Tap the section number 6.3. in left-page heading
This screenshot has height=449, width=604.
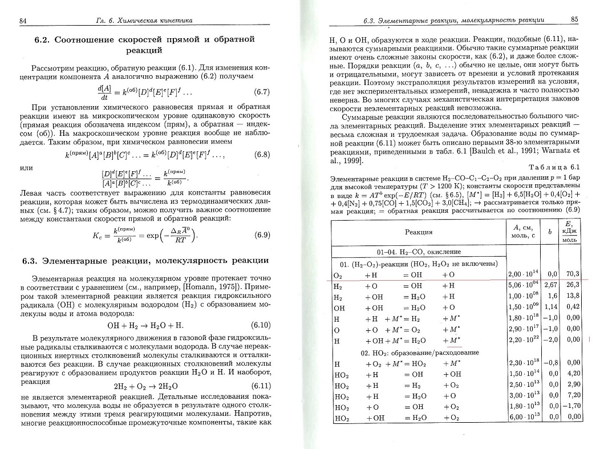click(34, 261)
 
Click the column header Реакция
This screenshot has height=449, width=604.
click(419, 232)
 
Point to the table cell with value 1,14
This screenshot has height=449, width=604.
click(551, 306)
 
